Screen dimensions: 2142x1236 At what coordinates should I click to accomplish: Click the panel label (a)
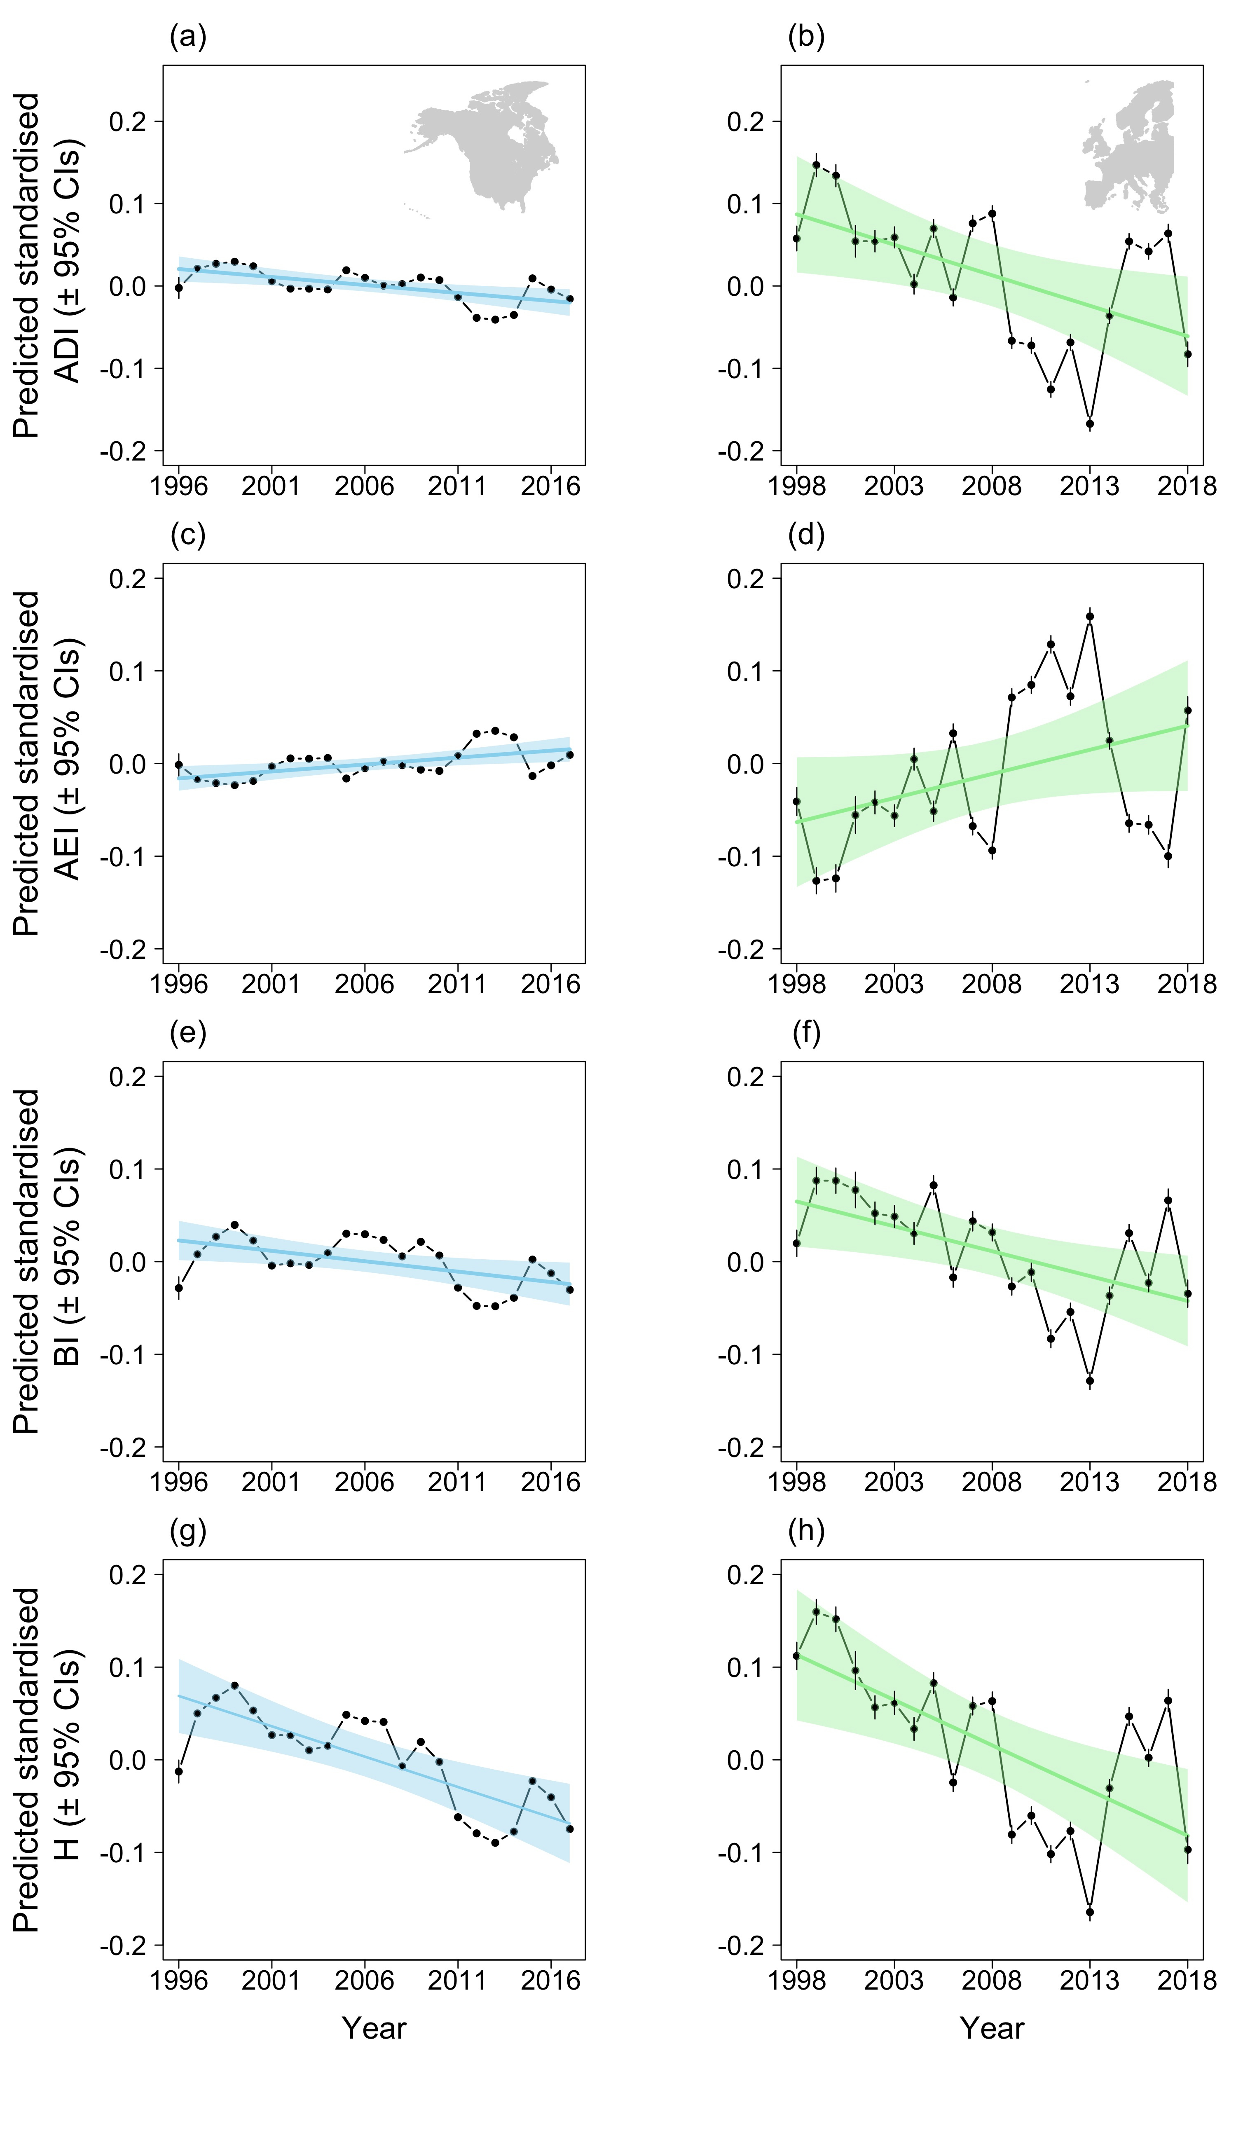[187, 37]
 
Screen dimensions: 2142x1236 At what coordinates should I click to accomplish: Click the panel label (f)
[805, 1034]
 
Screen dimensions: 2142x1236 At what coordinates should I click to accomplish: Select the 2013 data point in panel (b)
[1090, 423]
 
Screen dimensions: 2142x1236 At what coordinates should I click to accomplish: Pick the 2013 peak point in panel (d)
[1090, 617]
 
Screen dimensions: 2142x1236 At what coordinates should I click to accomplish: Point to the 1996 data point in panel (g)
[178, 1771]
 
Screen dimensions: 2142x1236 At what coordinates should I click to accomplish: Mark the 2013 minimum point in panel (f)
[1090, 1381]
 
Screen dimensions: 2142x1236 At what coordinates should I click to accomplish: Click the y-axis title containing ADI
[47, 265]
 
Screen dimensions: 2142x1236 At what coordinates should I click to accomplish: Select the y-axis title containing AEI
[47, 764]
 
